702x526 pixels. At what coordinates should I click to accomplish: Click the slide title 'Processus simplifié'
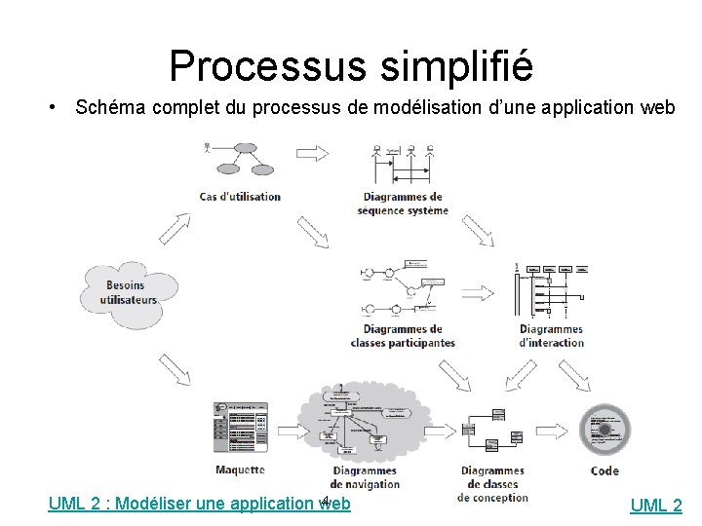pos(351,65)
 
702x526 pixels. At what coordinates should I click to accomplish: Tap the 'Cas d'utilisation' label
pos(240,196)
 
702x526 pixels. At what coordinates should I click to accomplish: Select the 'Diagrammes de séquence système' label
pos(402,203)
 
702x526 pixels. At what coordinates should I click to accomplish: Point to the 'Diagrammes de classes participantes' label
pos(403,335)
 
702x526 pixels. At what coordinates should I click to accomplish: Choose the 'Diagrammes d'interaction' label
pos(551,335)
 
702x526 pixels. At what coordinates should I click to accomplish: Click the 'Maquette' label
pos(240,469)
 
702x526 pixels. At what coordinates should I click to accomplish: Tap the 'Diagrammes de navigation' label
pos(365,476)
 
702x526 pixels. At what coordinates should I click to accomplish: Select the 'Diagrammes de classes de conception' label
pos(492,483)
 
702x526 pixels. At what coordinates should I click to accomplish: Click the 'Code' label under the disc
pos(604,470)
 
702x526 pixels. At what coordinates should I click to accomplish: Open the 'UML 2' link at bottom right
pos(656,505)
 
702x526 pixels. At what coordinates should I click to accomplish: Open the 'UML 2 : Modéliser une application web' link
pos(200,504)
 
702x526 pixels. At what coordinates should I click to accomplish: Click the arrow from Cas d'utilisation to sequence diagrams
pos(313,153)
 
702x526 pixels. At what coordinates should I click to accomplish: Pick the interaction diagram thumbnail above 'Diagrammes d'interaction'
pos(552,289)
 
